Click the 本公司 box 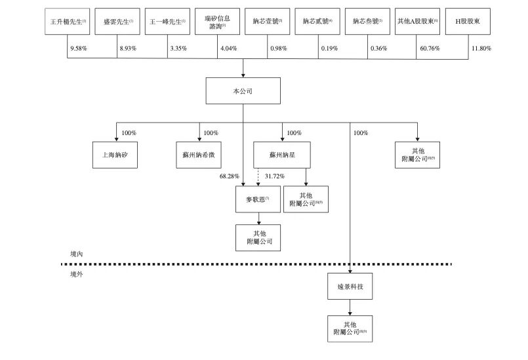pyautogui.click(x=243, y=91)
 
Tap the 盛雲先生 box pyautogui.click(x=117, y=22)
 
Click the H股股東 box pyautogui.click(x=468, y=22)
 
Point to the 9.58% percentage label pyautogui.click(x=78, y=49)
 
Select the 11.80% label pyautogui.click(x=481, y=49)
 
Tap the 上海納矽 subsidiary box pyautogui.click(x=116, y=155)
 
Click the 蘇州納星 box pyautogui.click(x=283, y=155)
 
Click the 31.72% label pyautogui.click(x=274, y=176)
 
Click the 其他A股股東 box pyautogui.click(x=417, y=22)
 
